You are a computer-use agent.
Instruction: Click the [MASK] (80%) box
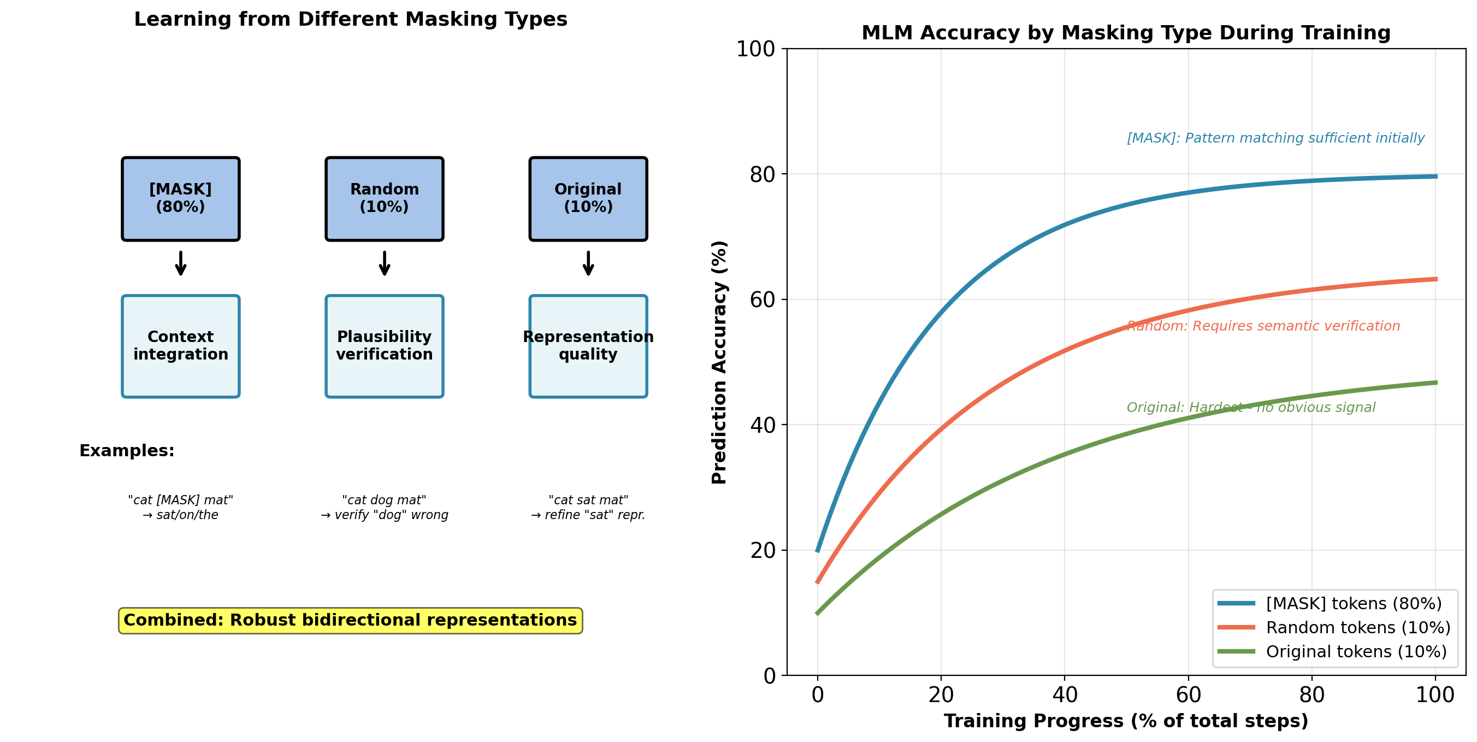tap(181, 198)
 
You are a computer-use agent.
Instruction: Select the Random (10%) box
tap(384, 198)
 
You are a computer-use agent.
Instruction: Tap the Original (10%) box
tap(588, 198)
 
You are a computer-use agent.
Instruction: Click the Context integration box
tap(181, 346)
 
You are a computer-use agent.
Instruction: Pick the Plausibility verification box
tap(384, 346)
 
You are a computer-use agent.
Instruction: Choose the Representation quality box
tap(588, 346)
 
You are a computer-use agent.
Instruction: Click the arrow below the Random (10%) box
tap(384, 263)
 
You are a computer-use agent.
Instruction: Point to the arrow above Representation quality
tap(588, 263)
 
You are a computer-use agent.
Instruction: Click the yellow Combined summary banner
tap(350, 621)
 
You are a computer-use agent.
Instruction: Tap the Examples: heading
tap(127, 451)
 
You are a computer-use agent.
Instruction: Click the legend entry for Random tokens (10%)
tap(1358, 627)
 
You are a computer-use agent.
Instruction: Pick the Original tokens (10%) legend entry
tap(1356, 651)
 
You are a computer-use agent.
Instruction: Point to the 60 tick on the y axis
tap(763, 299)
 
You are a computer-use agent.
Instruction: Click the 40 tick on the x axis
tap(1065, 695)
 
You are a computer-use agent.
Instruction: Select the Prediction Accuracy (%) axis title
tap(719, 362)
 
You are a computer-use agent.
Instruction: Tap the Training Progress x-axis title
tap(1126, 721)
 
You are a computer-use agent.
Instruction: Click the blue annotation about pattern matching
tap(1275, 138)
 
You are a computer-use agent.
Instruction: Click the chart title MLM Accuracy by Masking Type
tap(1126, 33)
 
